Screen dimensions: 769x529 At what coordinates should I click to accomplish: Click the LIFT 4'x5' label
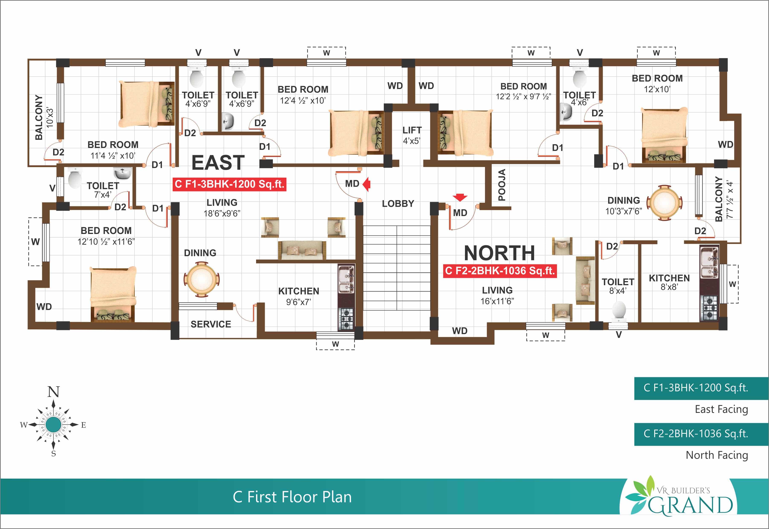412,135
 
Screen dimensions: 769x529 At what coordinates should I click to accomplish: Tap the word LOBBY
398,203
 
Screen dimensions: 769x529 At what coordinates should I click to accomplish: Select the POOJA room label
502,185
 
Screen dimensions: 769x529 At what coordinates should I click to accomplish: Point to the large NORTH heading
499,253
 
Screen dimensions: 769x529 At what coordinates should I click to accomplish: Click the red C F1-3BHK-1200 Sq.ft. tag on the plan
229,184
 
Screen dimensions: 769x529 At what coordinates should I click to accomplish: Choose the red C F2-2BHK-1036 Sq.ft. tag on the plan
500,271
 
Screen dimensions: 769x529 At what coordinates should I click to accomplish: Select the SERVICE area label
211,324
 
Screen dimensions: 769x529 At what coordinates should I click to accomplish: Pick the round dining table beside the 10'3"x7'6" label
665,203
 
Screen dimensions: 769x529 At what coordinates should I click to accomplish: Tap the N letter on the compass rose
53,392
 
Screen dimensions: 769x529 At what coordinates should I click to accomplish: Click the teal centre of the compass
53,425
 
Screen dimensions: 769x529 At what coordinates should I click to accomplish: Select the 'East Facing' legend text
721,409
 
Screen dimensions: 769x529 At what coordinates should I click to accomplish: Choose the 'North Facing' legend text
717,455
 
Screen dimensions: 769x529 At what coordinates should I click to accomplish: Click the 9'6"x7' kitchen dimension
299,302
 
